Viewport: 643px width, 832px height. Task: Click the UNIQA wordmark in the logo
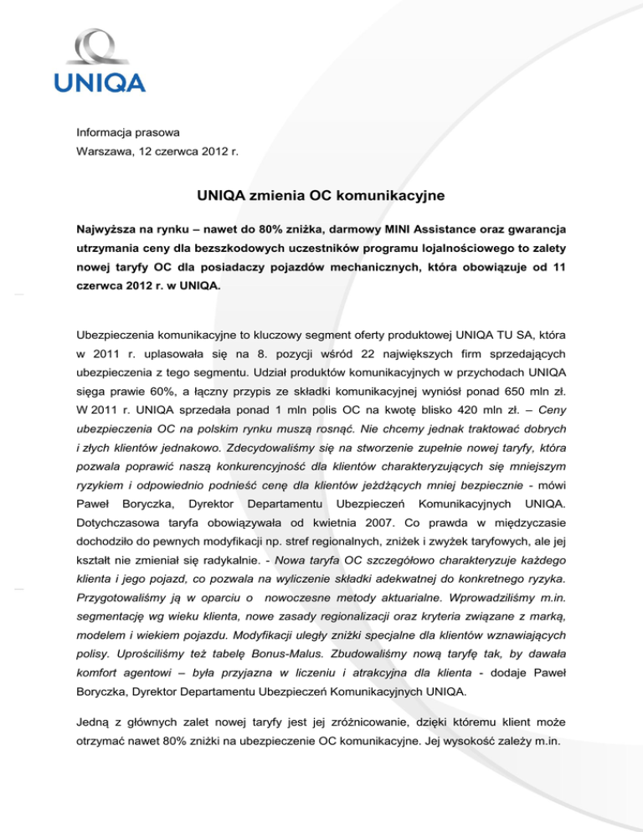pos(100,82)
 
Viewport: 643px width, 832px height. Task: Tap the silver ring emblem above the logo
pos(100,47)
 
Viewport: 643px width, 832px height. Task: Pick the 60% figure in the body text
pos(197,392)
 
